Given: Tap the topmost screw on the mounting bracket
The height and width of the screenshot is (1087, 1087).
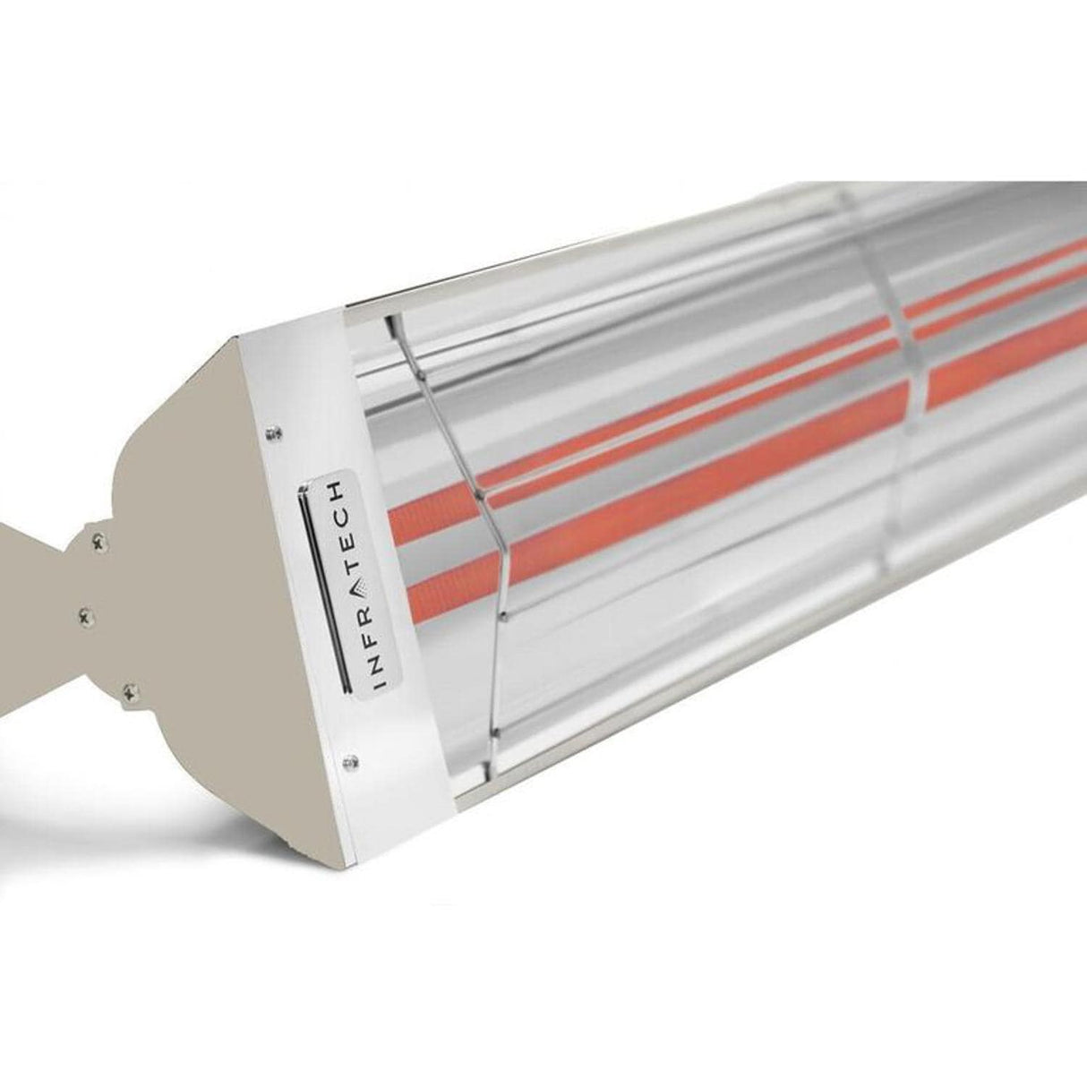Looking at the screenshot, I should coord(96,539).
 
